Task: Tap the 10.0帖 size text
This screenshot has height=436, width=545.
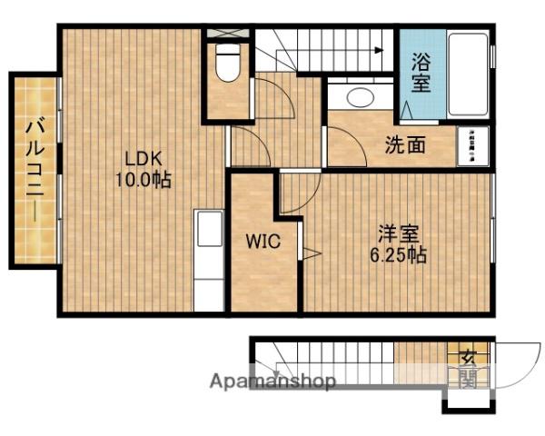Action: tap(142, 179)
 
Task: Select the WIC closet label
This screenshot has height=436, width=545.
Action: tap(260, 243)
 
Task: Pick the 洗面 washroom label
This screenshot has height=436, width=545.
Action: tap(401, 144)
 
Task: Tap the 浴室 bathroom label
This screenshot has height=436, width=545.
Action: tap(421, 73)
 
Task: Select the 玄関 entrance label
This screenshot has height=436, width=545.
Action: tap(468, 368)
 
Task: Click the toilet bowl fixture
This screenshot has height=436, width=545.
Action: tap(227, 65)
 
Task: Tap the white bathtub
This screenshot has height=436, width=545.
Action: tap(468, 74)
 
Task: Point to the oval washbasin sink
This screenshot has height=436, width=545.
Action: tap(360, 97)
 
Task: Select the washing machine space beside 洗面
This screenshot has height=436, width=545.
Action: tap(473, 145)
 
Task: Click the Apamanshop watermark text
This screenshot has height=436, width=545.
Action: tap(272, 381)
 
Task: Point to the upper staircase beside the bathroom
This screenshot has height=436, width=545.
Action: tap(323, 50)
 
